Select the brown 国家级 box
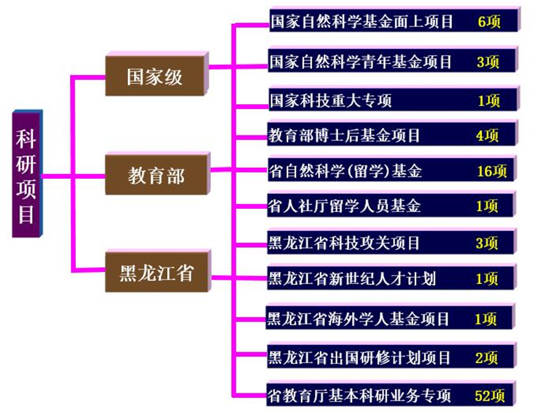155,76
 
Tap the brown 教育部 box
156,175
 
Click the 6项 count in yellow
489,22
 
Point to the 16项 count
492,171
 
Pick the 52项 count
490,396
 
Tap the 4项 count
487,136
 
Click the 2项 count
486,358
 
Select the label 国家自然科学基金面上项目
362,22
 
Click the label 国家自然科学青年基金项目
361,61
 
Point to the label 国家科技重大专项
331,101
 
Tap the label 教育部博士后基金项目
344,136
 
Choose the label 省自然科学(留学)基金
346,171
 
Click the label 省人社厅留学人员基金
345,206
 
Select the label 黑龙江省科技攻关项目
344,243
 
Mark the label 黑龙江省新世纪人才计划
352,278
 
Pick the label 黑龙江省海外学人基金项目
358,319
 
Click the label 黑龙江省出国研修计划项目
359,358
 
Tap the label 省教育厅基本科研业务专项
360,396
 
